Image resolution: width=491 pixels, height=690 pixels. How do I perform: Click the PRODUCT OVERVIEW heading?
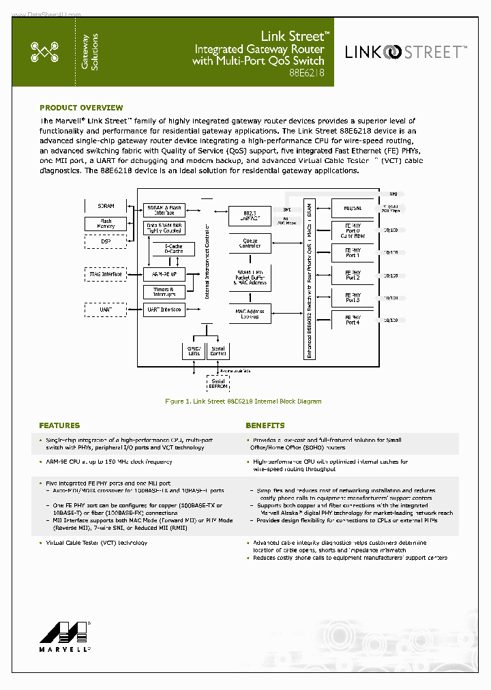tap(81, 108)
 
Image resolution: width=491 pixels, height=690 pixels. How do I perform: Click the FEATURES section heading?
tap(59, 425)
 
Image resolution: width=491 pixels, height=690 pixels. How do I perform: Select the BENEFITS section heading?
tap(265, 425)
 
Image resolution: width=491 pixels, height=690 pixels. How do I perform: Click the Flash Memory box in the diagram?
tap(106, 224)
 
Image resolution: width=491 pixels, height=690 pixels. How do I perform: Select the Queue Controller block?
tap(250, 242)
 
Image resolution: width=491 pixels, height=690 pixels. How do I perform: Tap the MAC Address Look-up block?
tap(250, 314)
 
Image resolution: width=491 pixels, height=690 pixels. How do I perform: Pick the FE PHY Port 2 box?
tap(353, 275)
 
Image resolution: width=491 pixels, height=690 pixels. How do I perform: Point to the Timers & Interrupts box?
tap(164, 292)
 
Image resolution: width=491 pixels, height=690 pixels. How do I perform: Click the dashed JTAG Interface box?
tap(106, 274)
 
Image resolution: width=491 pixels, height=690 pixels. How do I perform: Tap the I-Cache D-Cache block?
tap(174, 249)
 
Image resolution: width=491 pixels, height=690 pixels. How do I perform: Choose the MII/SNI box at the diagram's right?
tap(353, 207)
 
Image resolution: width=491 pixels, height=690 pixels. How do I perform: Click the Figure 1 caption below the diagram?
tap(243, 402)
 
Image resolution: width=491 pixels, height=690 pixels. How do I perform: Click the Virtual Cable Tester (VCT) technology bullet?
tap(96, 543)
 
